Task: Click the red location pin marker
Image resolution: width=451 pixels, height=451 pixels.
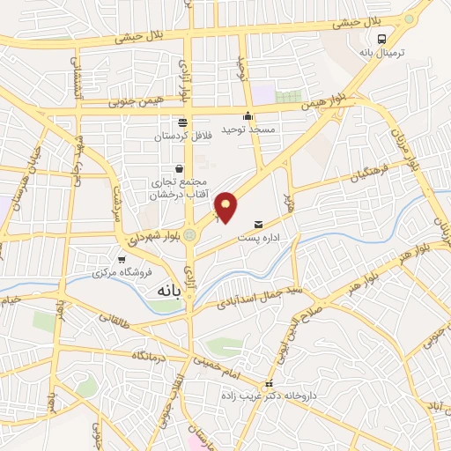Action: point(226,206)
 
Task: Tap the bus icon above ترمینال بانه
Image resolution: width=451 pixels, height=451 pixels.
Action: point(382,40)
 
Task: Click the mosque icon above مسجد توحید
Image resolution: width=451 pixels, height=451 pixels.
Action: point(248,115)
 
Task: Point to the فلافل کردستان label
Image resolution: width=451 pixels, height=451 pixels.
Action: point(182,137)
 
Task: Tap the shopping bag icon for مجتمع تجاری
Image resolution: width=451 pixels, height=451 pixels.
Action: point(180,168)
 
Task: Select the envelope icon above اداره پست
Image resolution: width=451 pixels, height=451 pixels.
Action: point(258,224)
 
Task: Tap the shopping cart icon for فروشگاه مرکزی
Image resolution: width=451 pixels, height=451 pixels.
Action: point(121,259)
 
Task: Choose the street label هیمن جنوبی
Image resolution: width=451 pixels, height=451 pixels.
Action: point(136,101)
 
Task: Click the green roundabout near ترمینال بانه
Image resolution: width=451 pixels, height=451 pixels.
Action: point(408,18)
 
